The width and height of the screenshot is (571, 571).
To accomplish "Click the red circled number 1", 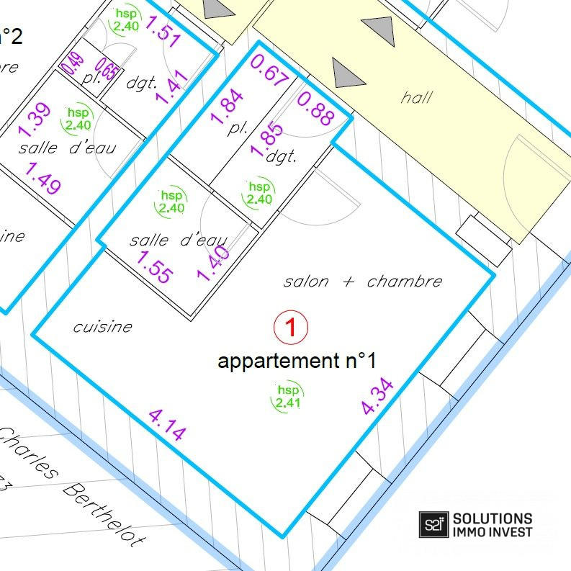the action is [x=291, y=328].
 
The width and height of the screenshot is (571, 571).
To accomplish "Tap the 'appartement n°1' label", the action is [x=297, y=361].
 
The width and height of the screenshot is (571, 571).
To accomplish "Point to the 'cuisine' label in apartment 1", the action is [x=103, y=326].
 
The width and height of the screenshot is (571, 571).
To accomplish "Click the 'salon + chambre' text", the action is [x=362, y=281].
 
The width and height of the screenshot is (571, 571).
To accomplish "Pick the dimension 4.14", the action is [x=168, y=424].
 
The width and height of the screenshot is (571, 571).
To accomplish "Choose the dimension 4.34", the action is [x=378, y=397].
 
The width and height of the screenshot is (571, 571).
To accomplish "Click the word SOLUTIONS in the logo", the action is [x=493, y=518].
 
